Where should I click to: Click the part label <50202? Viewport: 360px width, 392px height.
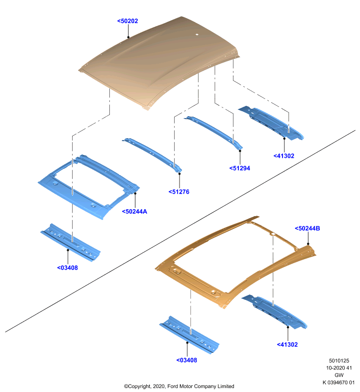[x=128, y=21]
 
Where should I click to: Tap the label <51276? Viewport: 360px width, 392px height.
[x=179, y=192]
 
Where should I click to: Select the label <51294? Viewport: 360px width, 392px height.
[x=240, y=168]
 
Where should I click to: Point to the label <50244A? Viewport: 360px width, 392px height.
[x=134, y=212]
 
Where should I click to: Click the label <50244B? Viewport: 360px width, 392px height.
[x=308, y=228]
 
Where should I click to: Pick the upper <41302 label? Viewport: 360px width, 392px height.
[x=284, y=156]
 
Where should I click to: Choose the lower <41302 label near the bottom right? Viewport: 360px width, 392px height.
[x=287, y=344]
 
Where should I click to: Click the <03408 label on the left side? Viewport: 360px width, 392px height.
[x=68, y=268]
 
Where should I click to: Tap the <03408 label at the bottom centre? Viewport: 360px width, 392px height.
[x=187, y=360]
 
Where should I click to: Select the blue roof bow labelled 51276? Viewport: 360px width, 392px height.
[x=153, y=154]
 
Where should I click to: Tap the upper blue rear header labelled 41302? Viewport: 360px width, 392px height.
[x=271, y=122]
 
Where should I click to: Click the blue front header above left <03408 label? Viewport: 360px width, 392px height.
[x=71, y=243]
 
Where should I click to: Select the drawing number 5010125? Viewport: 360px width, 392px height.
[x=339, y=361]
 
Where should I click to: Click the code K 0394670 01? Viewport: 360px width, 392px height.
[x=338, y=382]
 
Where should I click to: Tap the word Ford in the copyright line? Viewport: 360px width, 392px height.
[x=173, y=386]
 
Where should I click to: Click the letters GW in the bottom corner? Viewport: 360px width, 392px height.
[x=339, y=375]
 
